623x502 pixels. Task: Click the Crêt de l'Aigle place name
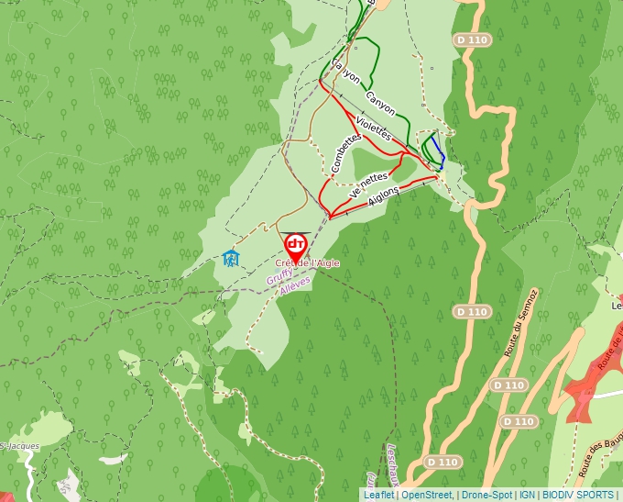click(x=307, y=263)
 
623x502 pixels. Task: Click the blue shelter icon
click(x=231, y=259)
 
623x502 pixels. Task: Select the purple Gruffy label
click(x=280, y=275)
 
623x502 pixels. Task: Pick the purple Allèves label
click(x=295, y=285)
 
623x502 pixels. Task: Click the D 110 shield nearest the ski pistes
click(x=473, y=40)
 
